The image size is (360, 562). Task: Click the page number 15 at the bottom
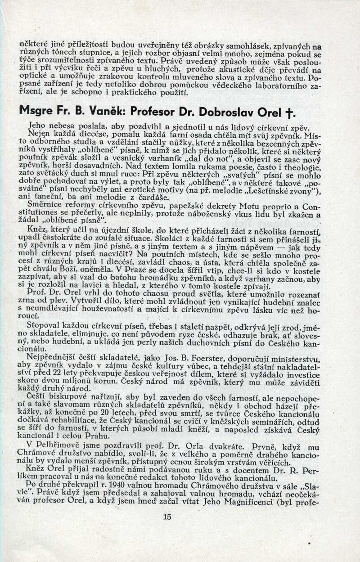click(x=167, y=517)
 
